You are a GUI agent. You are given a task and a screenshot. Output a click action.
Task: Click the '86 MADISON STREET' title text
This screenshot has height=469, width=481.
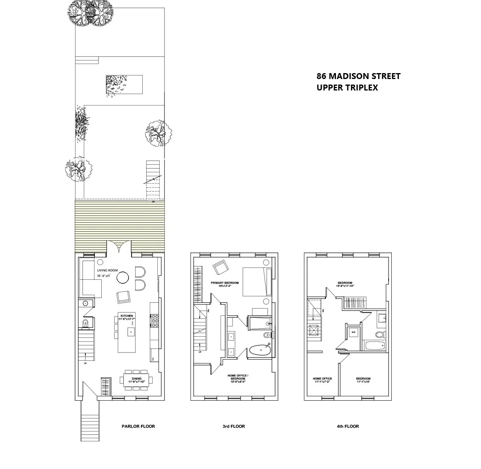point(358,76)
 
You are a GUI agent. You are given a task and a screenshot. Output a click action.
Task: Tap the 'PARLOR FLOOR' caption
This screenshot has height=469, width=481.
point(138,426)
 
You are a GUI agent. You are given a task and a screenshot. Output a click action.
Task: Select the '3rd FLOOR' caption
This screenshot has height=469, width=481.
point(234,426)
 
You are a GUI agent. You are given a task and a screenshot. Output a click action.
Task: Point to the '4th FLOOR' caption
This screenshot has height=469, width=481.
point(348,426)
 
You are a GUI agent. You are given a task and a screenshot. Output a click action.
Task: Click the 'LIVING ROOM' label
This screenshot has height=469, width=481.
point(107,271)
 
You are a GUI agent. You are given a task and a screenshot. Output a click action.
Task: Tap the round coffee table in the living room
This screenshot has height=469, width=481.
point(123,278)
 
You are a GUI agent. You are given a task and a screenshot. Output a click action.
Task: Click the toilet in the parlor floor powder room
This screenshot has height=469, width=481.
point(85,324)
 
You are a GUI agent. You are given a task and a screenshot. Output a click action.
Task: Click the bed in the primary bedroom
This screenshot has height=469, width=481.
point(256,282)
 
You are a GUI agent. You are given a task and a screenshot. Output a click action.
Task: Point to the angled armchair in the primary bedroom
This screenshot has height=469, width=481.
point(220,267)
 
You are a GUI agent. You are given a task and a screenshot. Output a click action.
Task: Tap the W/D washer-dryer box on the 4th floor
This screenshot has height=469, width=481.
point(353,332)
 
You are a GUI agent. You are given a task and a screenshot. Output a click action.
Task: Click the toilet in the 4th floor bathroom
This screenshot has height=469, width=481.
point(379,335)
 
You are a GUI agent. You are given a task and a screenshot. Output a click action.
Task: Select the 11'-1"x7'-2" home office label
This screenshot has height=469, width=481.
point(323,380)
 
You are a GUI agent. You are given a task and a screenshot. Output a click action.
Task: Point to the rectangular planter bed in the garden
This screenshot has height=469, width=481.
point(124,84)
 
